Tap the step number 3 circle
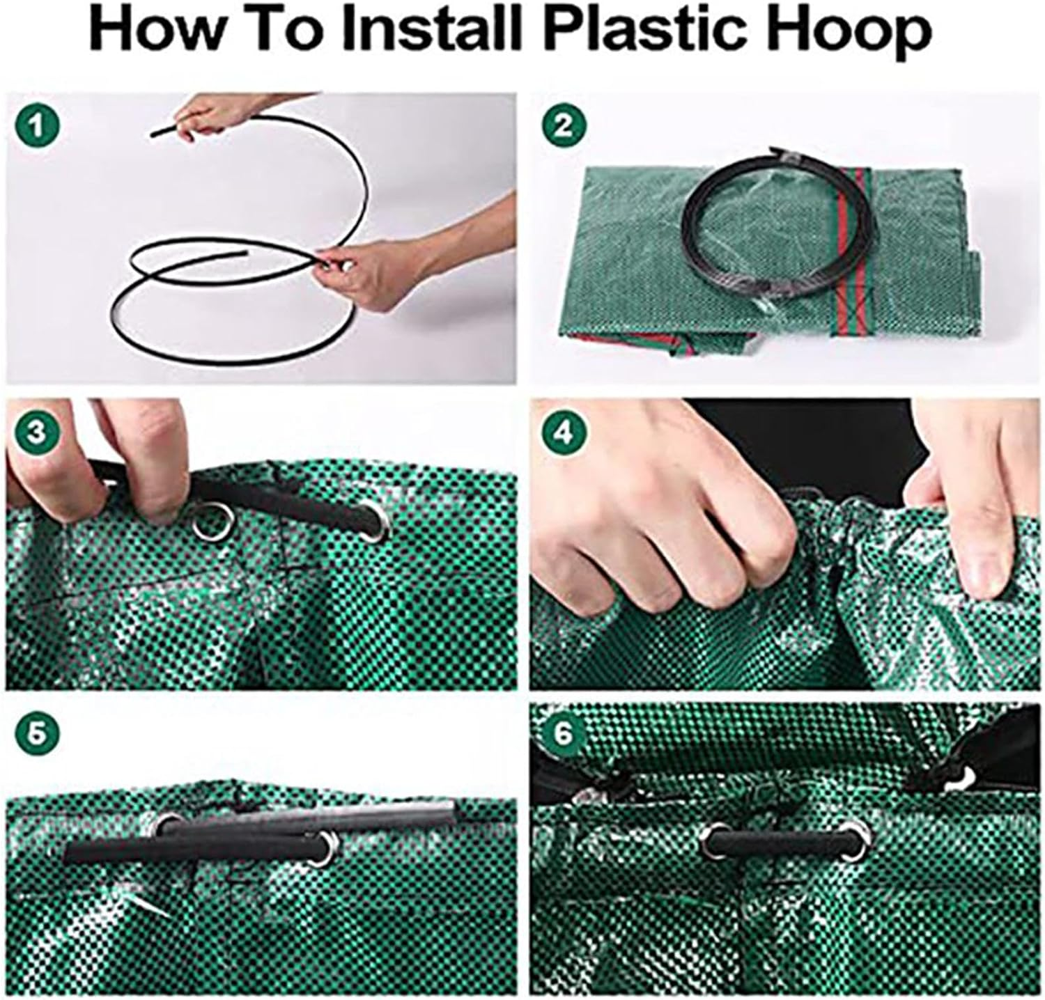(36, 432)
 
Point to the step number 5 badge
(36, 732)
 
